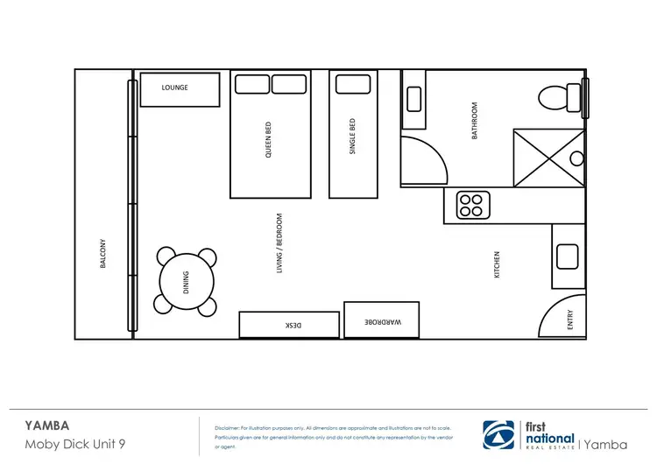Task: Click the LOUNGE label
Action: [175, 88]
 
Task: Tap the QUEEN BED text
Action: [269, 139]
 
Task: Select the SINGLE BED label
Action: [353, 137]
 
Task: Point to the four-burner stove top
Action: [471, 206]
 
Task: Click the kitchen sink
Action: [568, 257]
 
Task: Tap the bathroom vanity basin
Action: [413, 99]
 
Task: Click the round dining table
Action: [186, 281]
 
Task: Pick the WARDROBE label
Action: [383, 322]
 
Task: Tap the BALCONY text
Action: [103, 254]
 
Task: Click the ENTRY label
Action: [571, 320]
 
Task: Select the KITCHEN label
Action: [498, 265]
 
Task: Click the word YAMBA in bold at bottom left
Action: [47, 426]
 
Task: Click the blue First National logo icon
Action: [500, 435]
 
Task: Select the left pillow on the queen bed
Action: [251, 84]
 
